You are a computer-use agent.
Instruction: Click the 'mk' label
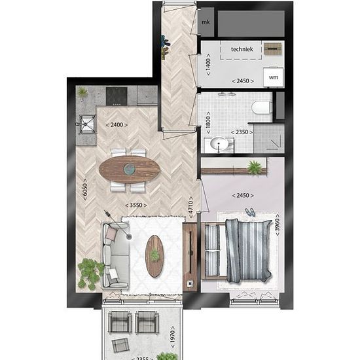click(x=206, y=22)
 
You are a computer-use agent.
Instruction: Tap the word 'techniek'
click(x=242, y=49)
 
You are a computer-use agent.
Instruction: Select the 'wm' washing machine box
click(x=274, y=77)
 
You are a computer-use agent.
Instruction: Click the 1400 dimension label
click(x=208, y=65)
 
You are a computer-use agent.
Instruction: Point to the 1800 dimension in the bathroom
click(x=208, y=122)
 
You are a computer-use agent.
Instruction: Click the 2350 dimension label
click(x=242, y=132)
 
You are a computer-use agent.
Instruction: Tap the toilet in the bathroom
click(x=262, y=107)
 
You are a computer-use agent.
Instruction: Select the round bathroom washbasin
click(x=219, y=144)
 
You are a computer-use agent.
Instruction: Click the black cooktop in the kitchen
click(x=117, y=96)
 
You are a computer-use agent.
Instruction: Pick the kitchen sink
click(x=87, y=124)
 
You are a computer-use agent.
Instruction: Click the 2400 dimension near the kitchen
click(x=117, y=125)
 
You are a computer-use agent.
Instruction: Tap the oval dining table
click(x=130, y=170)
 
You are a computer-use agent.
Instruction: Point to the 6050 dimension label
click(x=85, y=190)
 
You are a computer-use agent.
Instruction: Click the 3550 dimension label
click(x=136, y=205)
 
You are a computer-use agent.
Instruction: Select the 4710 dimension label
click(x=190, y=207)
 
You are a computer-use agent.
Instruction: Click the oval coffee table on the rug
click(x=154, y=256)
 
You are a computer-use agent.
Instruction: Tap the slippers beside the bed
click(x=249, y=212)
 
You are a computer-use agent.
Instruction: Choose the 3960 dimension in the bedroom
click(x=278, y=225)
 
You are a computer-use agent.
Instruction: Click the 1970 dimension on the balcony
click(x=172, y=337)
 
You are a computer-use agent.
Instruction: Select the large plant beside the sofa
click(x=90, y=273)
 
